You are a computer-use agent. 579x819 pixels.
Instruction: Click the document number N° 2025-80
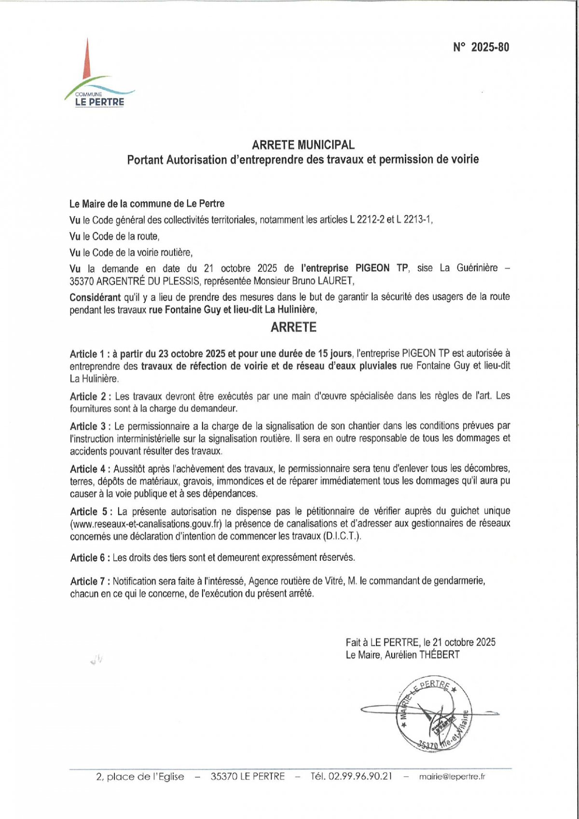[x=481, y=47]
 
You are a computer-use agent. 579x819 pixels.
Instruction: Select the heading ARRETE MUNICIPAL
[x=303, y=145]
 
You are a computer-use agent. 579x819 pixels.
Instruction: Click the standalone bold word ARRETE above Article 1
[x=293, y=327]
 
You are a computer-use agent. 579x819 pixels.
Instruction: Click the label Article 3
[x=89, y=426]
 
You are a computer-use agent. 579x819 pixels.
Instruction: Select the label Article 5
[x=90, y=511]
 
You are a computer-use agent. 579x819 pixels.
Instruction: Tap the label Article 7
[x=89, y=581]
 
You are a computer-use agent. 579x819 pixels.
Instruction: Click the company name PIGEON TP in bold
[x=382, y=268]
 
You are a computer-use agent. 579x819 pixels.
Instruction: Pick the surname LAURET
[x=340, y=281]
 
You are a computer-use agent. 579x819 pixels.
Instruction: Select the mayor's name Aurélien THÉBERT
[x=422, y=655]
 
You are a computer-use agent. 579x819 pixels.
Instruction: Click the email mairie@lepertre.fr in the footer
[x=452, y=777]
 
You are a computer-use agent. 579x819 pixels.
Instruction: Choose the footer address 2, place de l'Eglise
[x=140, y=777]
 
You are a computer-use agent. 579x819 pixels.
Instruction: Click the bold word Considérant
[x=95, y=297]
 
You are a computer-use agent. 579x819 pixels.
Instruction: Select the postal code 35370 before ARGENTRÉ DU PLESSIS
[x=82, y=281]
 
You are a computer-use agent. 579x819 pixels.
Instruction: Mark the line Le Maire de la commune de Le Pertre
[x=147, y=204]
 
